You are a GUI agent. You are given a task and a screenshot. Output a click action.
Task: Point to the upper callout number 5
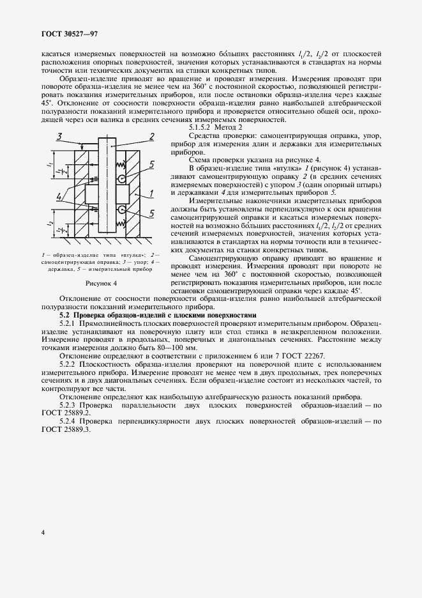(x=150, y=165)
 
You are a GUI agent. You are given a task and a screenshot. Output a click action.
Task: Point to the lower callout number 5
(x=151, y=212)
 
